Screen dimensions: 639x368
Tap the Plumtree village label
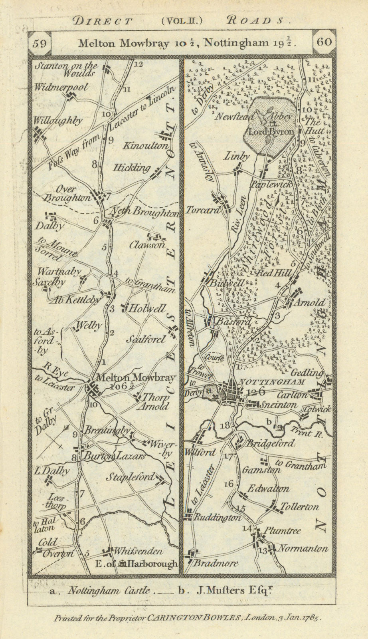(x=283, y=531)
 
